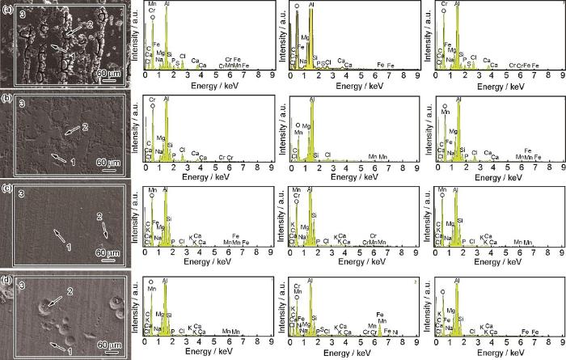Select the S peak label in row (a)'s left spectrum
pyautogui.click(x=177, y=60)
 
